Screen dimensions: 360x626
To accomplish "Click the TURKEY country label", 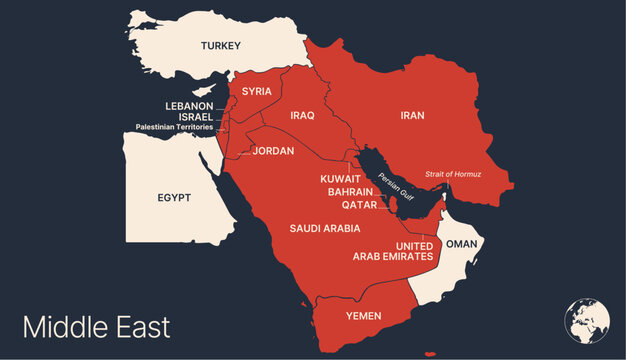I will pyautogui.click(x=221, y=46).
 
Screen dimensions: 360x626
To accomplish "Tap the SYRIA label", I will pyautogui.click(x=256, y=91).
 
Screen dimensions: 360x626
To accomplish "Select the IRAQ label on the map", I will pyautogui.click(x=302, y=116).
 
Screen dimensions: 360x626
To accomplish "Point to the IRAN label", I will pyautogui.click(x=412, y=116).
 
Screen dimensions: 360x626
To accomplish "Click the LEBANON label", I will pyautogui.click(x=189, y=106).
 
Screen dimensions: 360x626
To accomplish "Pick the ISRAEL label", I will pyautogui.click(x=196, y=117).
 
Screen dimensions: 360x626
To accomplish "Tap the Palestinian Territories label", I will pyautogui.click(x=174, y=128).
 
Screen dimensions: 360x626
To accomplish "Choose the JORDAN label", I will pyautogui.click(x=273, y=151).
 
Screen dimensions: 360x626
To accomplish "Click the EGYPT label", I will pyautogui.click(x=174, y=198).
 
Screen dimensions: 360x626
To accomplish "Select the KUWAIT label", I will pyautogui.click(x=340, y=179).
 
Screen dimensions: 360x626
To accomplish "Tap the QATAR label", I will pyautogui.click(x=359, y=205).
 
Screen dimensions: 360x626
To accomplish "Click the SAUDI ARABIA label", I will pyautogui.click(x=325, y=228).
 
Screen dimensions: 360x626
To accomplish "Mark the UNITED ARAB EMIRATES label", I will pyautogui.click(x=393, y=252).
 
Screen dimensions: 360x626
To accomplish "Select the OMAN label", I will pyautogui.click(x=461, y=243).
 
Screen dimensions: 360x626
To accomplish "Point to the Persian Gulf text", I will pyautogui.click(x=391, y=185).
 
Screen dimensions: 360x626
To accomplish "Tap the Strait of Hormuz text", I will pyautogui.click(x=453, y=174).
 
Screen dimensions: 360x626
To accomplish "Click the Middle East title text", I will pyautogui.click(x=96, y=327).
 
